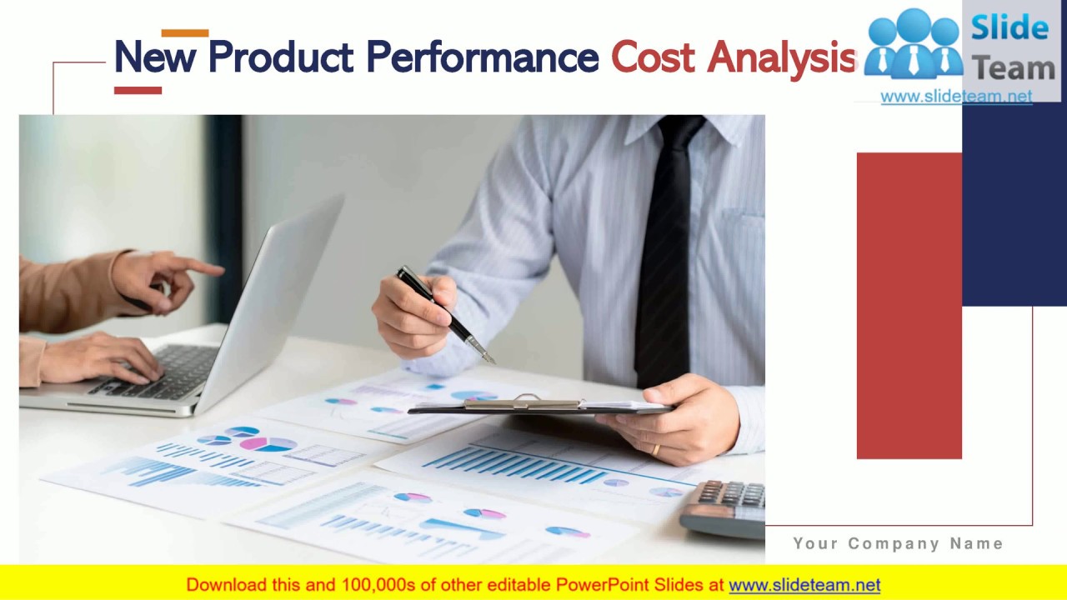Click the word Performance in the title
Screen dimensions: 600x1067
(x=482, y=57)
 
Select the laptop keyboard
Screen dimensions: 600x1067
(x=158, y=371)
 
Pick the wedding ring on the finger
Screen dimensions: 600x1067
(x=655, y=450)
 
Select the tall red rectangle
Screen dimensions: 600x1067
(x=909, y=305)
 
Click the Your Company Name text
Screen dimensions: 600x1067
(x=898, y=544)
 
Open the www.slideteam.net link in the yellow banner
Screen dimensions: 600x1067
(x=804, y=585)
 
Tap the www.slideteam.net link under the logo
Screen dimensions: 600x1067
(x=955, y=97)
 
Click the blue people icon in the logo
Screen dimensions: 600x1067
(x=913, y=46)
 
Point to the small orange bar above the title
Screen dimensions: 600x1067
(x=184, y=33)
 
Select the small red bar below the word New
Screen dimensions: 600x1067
(x=138, y=90)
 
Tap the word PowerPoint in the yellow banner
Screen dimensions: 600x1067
(x=599, y=585)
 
